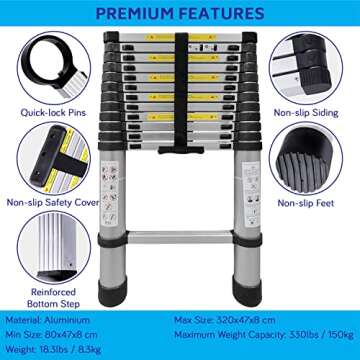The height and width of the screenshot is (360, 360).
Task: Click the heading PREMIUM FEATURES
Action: [x=180, y=13]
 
